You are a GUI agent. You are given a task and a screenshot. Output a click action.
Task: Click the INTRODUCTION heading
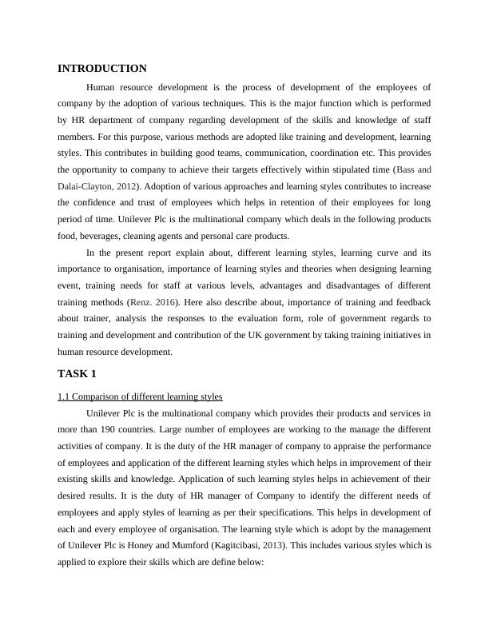[102, 69]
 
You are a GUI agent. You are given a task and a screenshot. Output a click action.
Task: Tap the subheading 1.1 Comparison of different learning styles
[140, 396]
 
